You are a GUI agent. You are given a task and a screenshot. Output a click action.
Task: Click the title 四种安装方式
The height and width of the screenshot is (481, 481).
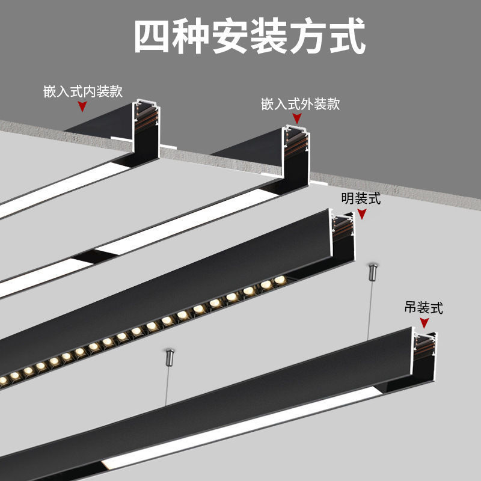click(x=249, y=37)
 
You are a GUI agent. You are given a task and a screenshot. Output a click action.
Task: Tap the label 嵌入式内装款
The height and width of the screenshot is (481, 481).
click(x=83, y=91)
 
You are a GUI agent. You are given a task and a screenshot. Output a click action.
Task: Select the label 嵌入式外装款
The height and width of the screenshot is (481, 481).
click(x=300, y=104)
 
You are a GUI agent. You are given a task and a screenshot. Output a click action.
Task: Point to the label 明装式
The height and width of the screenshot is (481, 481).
click(x=361, y=199)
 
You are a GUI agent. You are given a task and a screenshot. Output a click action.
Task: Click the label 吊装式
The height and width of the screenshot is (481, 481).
click(x=423, y=308)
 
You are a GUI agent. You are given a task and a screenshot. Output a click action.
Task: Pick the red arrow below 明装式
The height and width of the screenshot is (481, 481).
click(x=361, y=214)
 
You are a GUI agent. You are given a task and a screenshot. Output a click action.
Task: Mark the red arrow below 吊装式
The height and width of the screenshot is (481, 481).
click(x=424, y=323)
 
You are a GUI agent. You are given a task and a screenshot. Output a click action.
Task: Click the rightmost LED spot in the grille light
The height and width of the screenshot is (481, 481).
click(x=279, y=280)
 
